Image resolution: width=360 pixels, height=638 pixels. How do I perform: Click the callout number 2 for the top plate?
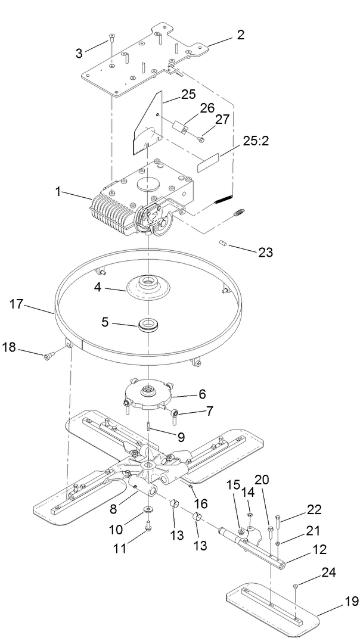[x=240, y=35]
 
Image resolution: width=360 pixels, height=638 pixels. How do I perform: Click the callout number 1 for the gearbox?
[x=58, y=192]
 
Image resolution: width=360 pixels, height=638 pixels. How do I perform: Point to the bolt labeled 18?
[x=48, y=357]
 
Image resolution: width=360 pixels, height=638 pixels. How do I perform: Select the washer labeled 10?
[x=147, y=511]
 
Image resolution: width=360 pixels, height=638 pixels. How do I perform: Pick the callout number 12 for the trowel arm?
[x=315, y=555]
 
